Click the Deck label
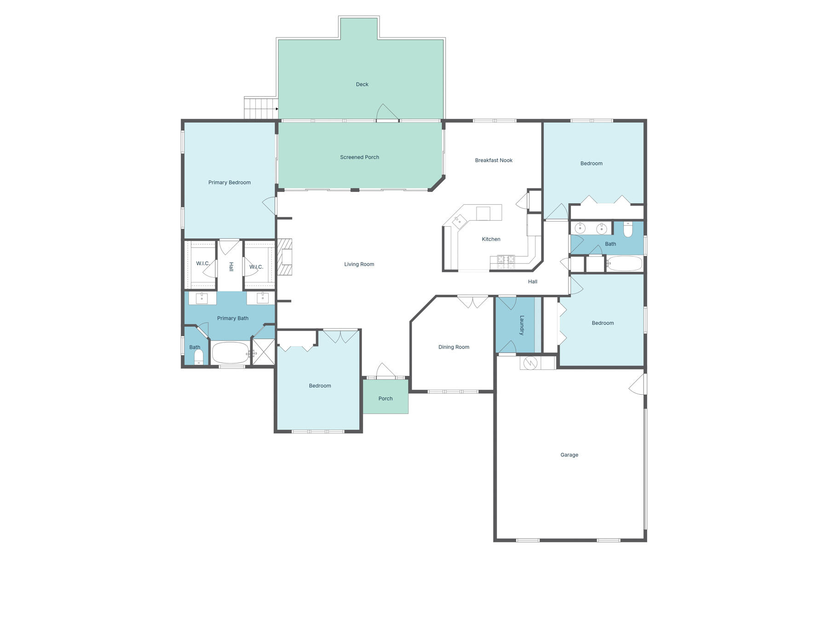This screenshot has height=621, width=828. [x=362, y=84]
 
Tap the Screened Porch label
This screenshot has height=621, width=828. [x=359, y=157]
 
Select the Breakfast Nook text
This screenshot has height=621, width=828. [x=494, y=160]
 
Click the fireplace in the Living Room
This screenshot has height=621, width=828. [x=285, y=257]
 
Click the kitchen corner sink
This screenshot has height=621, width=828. [x=460, y=222]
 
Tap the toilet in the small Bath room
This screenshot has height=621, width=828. [x=198, y=356]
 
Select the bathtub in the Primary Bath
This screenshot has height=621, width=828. [x=230, y=353]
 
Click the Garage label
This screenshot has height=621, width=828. [x=569, y=454]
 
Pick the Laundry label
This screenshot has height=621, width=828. [x=522, y=325]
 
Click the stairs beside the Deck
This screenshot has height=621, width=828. [x=261, y=109]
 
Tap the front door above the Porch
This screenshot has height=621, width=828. [x=385, y=372]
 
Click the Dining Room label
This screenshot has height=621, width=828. [x=454, y=347]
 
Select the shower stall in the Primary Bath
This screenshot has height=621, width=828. [x=264, y=352]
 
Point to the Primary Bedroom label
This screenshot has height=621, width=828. [x=229, y=183]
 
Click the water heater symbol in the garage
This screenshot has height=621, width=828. [x=530, y=363]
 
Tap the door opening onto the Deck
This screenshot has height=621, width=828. [x=387, y=113]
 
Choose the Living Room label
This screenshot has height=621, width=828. [x=359, y=264]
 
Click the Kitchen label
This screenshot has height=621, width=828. [x=491, y=239]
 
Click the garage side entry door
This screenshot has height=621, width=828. [x=638, y=385]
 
